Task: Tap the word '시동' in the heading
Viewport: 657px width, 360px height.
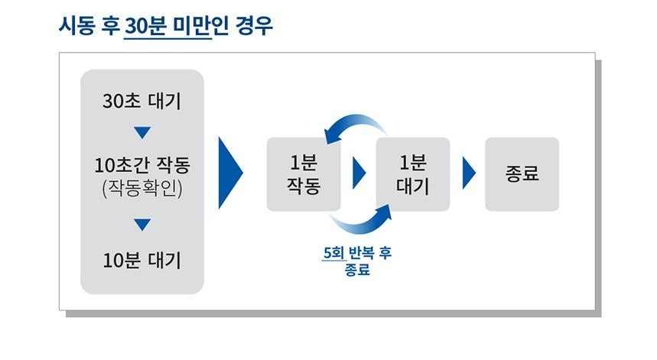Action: click(x=77, y=25)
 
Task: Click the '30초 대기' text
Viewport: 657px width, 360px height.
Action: click(x=142, y=102)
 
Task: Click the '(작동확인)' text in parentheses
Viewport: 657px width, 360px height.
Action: click(x=142, y=188)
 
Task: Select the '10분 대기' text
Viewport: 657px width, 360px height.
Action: click(x=142, y=261)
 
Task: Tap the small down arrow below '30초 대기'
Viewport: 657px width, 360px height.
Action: click(x=142, y=133)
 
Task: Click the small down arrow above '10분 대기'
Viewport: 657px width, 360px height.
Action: click(x=142, y=225)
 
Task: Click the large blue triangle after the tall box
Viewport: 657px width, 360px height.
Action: click(x=229, y=174)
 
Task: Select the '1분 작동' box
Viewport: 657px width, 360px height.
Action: click(x=304, y=174)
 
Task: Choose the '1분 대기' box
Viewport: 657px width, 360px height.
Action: click(x=413, y=174)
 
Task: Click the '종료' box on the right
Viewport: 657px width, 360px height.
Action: click(x=522, y=174)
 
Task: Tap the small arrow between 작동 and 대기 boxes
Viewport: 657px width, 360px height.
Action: click(x=358, y=174)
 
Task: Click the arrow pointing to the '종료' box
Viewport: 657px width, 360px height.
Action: click(x=468, y=174)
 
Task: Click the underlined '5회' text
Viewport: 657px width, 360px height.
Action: click(x=334, y=253)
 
